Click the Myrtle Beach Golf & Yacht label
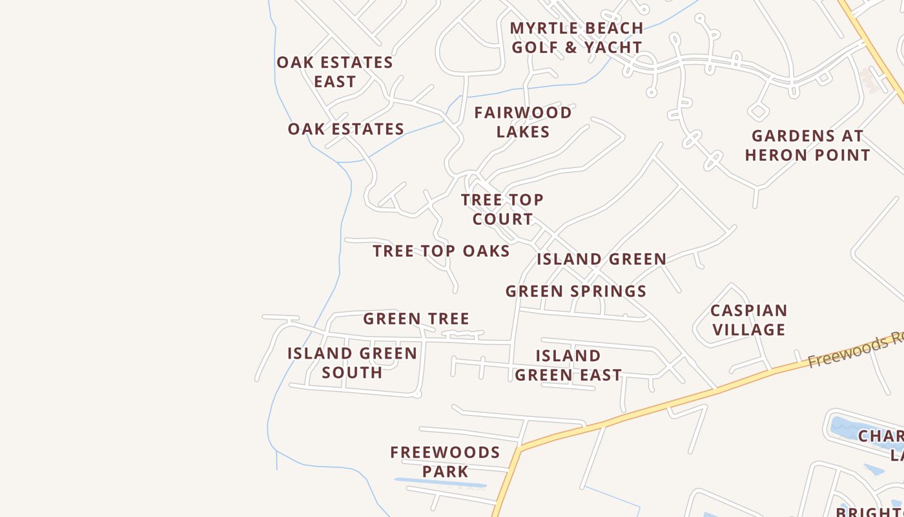click(x=576, y=37)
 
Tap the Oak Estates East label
click(x=334, y=72)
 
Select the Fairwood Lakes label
click(x=523, y=122)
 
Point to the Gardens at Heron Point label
click(x=807, y=145)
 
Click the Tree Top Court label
click(x=502, y=209)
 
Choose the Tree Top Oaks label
click(x=441, y=251)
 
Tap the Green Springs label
click(x=576, y=291)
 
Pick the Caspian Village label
click(x=748, y=320)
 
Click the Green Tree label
click(x=416, y=319)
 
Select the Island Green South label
click(x=352, y=363)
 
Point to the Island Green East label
click(x=568, y=365)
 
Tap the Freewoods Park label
click(x=445, y=461)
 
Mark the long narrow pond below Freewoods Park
click(x=440, y=483)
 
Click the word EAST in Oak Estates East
click(x=334, y=81)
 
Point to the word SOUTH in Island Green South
click(x=352, y=372)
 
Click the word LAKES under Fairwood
click(x=523, y=132)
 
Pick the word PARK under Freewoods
click(x=445, y=471)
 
